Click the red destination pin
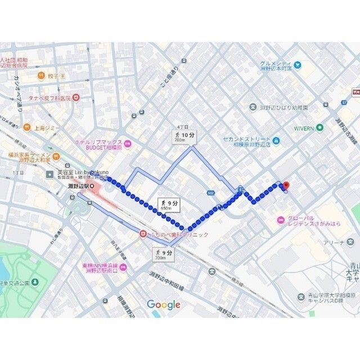pyautogui.click(x=285, y=186)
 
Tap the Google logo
pyautogui.click(x=164, y=305)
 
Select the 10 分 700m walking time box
pyautogui.click(x=184, y=137)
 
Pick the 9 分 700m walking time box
pyautogui.click(x=163, y=254)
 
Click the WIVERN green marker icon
pyautogui.click(x=320, y=127)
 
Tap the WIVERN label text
pyautogui.click(x=304, y=128)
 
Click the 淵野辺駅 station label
pyautogui.click(x=78, y=186)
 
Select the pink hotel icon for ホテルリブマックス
pyautogui.click(x=128, y=144)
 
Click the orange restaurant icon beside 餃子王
pyautogui.click(x=40, y=75)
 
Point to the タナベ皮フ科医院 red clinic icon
pyautogui.click(x=76, y=97)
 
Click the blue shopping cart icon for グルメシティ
pyautogui.click(x=297, y=64)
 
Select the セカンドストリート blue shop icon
pyautogui.click(x=276, y=140)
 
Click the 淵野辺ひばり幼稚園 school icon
pyautogui.click(x=253, y=107)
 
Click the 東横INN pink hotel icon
pyautogui.click(x=124, y=267)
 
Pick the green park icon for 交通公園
pyautogui.click(x=35, y=281)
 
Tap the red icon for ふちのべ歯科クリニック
pyautogui.click(x=143, y=234)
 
